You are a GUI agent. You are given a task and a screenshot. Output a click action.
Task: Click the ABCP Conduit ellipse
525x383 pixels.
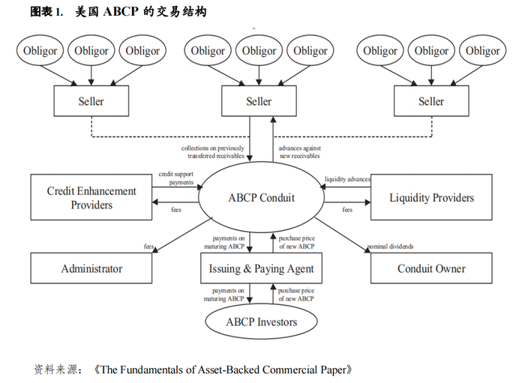(261, 198)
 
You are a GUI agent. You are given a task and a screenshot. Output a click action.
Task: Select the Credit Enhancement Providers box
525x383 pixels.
(91, 198)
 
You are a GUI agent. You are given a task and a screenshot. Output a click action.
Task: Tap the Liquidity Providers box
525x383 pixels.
(431, 198)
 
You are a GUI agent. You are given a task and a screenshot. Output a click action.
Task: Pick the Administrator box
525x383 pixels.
(91, 268)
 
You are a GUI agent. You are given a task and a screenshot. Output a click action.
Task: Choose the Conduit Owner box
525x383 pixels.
(431, 268)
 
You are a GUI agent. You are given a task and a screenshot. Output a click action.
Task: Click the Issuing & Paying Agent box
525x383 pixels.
(262, 268)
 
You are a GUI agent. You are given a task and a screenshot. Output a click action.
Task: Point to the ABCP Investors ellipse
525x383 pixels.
(261, 322)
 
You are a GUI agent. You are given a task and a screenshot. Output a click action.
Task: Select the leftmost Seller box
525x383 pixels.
(91, 101)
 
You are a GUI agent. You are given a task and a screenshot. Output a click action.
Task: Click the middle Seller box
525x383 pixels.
(259, 101)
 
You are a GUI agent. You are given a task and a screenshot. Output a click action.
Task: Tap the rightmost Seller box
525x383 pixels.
(431, 101)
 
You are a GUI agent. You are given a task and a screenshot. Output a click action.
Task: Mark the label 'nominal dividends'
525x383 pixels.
(390, 247)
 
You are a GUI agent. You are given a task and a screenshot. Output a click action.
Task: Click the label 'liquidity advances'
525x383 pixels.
(347, 180)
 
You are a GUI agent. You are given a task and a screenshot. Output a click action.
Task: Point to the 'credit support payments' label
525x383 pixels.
(176, 178)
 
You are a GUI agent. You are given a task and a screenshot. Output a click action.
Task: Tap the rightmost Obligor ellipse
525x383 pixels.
(483, 51)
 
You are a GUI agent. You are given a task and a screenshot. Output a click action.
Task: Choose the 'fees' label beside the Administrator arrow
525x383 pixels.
(150, 247)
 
